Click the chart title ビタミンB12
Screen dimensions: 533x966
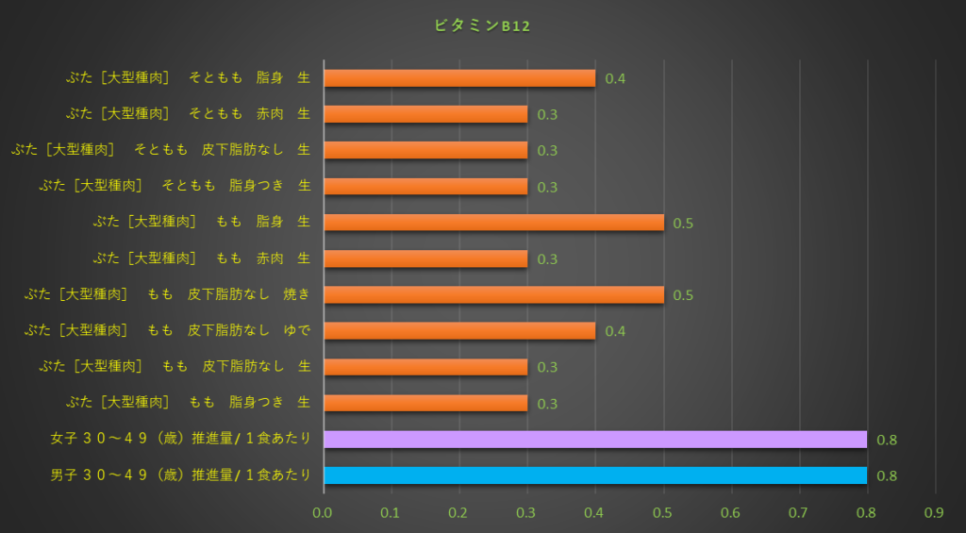(482, 26)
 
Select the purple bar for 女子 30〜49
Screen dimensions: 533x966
(594, 439)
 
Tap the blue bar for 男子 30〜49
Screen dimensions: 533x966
(594, 475)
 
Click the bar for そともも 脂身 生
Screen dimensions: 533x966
(459, 77)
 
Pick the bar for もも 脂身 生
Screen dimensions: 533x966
(493, 222)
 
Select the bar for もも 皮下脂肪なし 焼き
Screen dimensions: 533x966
(493, 294)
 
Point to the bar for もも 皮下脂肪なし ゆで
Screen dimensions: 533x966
(459, 330)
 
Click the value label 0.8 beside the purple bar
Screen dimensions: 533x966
(887, 440)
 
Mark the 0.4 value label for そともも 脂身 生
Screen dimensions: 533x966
(615, 78)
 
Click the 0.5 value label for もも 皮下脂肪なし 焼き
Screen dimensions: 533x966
(683, 295)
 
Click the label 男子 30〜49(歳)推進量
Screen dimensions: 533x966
(180, 475)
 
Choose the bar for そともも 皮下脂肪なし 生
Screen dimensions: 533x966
(425, 150)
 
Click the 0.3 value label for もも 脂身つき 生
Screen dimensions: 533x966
(547, 404)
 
